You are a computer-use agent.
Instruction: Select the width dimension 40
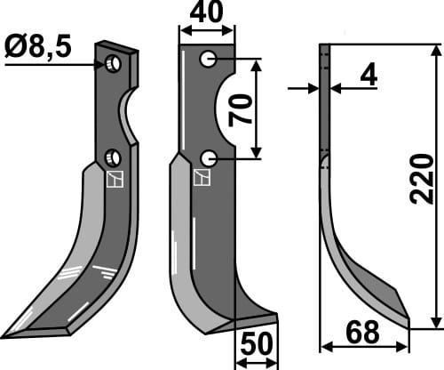pos(207,14)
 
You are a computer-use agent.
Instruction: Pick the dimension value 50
pos(256,345)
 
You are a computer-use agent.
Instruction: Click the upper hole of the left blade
pos(113,64)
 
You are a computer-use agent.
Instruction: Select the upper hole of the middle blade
pos(208,60)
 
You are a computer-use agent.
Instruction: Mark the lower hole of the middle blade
pos(208,158)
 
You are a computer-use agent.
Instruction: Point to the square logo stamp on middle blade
pos(201,177)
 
